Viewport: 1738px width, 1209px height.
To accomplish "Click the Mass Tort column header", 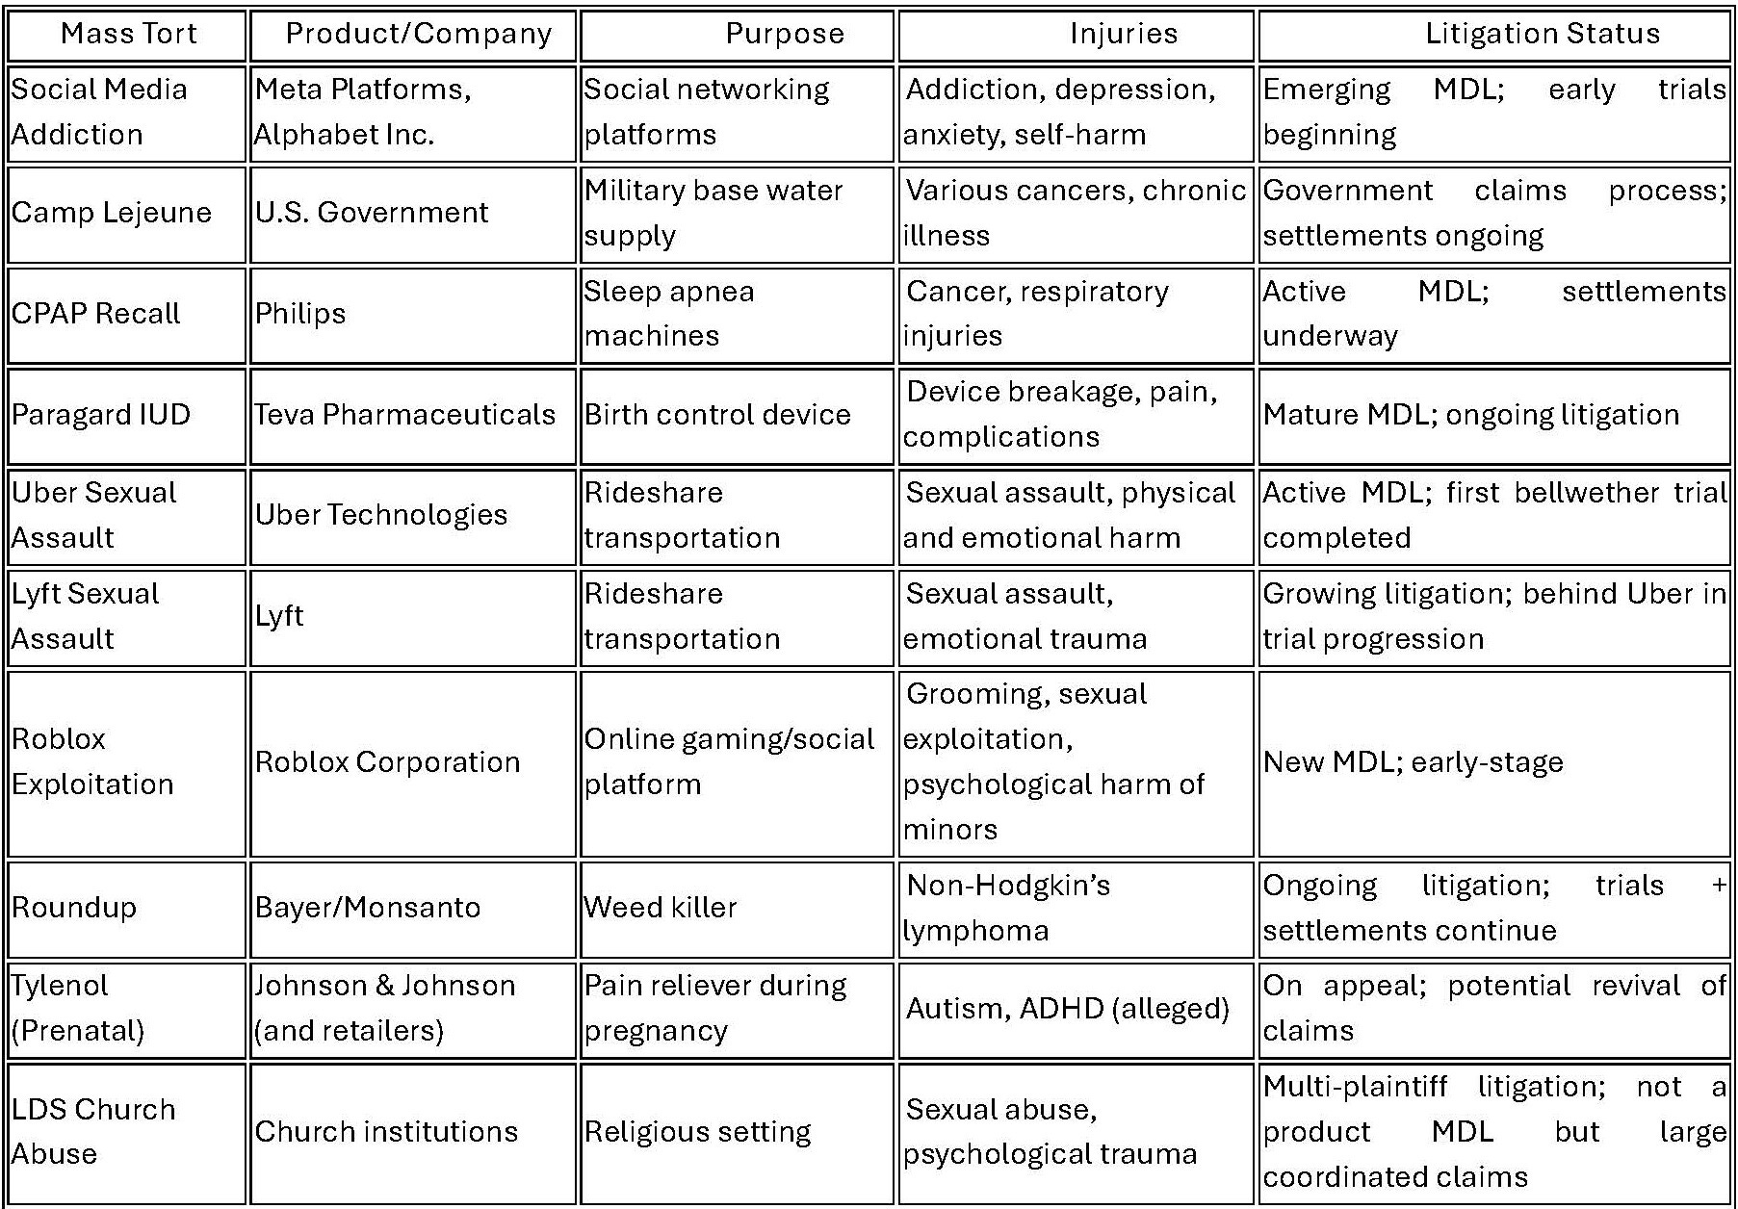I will pos(128,34).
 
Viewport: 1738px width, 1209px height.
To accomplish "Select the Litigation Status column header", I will pos(1542,34).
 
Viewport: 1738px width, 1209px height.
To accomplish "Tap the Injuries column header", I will pos(1123,34).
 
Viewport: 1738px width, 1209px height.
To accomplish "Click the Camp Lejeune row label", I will pos(112,213).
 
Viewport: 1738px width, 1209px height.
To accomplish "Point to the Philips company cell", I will pos(300,314).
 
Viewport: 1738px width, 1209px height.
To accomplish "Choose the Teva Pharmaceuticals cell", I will pos(405,415).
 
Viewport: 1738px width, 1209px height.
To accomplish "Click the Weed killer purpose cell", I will pos(661,908).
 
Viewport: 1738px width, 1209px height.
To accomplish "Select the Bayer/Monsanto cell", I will pos(368,908).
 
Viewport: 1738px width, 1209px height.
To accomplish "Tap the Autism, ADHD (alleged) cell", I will pos(1068,1008).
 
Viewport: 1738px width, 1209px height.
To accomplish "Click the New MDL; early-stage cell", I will pos(1413,762).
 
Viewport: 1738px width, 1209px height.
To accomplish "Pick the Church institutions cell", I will pos(386,1131).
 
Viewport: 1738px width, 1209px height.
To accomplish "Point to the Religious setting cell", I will pos(698,1131).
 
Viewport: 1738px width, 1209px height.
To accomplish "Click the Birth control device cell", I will pos(718,415).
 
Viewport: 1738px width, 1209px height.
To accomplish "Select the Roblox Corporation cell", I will pos(387,762).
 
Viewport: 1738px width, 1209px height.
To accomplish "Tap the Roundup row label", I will pos(74,908).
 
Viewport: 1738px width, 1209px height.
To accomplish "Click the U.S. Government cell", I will pos(372,213).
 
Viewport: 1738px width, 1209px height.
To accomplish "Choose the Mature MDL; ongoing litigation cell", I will pos(1470,415).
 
